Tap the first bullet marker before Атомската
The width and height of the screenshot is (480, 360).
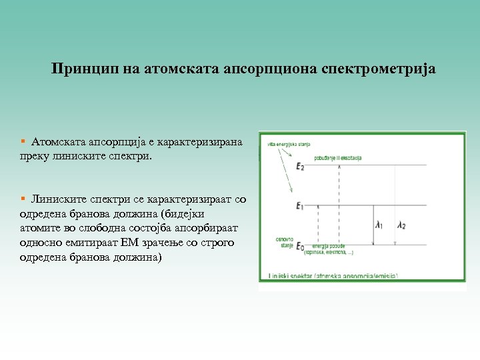point(23,142)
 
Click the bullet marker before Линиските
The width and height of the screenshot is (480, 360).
point(23,199)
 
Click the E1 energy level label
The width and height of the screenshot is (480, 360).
point(300,207)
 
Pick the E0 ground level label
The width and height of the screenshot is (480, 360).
point(300,246)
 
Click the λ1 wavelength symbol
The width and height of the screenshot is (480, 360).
point(379,225)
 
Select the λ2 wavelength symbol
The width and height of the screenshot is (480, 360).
point(401,225)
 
